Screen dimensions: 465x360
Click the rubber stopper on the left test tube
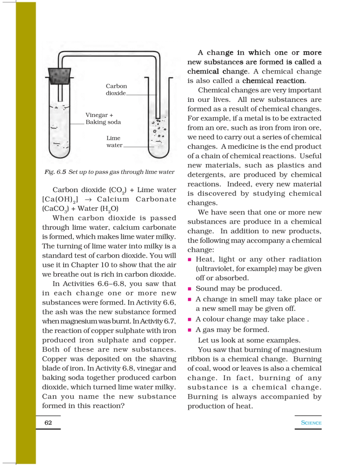tap(60, 76)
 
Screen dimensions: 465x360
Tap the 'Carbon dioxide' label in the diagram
tap(116, 90)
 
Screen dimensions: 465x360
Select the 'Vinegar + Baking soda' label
tap(103, 119)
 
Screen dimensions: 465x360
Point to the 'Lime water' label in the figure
tap(114, 142)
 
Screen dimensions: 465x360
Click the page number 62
tap(48, 423)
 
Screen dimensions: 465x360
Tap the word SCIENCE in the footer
tap(311, 423)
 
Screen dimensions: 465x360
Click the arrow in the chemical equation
tap(88, 199)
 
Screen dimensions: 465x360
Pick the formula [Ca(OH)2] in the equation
tap(60, 199)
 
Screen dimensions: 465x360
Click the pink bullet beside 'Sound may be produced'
tap(189, 289)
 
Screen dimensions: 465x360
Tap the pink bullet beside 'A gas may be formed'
tap(189, 330)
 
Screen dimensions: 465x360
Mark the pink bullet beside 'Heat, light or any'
tap(189, 260)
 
